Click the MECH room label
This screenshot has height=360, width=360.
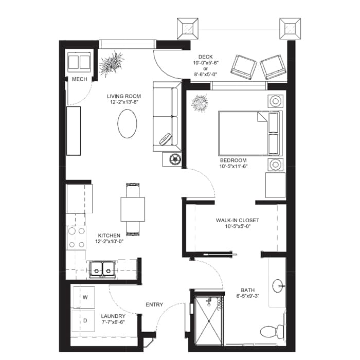pyautogui.click(x=79, y=79)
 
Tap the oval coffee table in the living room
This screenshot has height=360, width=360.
pyautogui.click(x=127, y=123)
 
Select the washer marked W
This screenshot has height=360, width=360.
pyautogui.click(x=84, y=297)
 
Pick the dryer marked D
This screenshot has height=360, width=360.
pyautogui.click(x=83, y=320)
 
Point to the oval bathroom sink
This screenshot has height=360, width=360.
pyautogui.click(x=278, y=286)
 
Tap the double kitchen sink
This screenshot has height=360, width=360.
pyautogui.click(x=102, y=269)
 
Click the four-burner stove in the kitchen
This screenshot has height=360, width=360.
pyautogui.click(x=77, y=238)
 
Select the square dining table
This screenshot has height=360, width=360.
pyautogui.click(x=133, y=209)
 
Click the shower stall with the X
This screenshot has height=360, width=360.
pyautogui.click(x=208, y=320)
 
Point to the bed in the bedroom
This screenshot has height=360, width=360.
pyautogui.click(x=250, y=133)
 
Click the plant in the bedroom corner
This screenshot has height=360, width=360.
pyautogui.click(x=200, y=103)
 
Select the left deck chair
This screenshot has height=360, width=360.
pyautogui.click(x=244, y=67)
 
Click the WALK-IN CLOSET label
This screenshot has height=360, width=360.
pyautogui.click(x=238, y=221)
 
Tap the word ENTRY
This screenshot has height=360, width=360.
pyautogui.click(x=154, y=304)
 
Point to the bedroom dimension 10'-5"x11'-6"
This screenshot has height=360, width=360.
pyautogui.click(x=233, y=166)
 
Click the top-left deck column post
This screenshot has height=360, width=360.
pyautogui.click(x=188, y=29)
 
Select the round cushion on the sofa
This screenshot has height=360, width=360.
pyautogui.click(x=165, y=139)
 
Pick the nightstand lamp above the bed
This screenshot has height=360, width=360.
pyautogui.click(x=276, y=101)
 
